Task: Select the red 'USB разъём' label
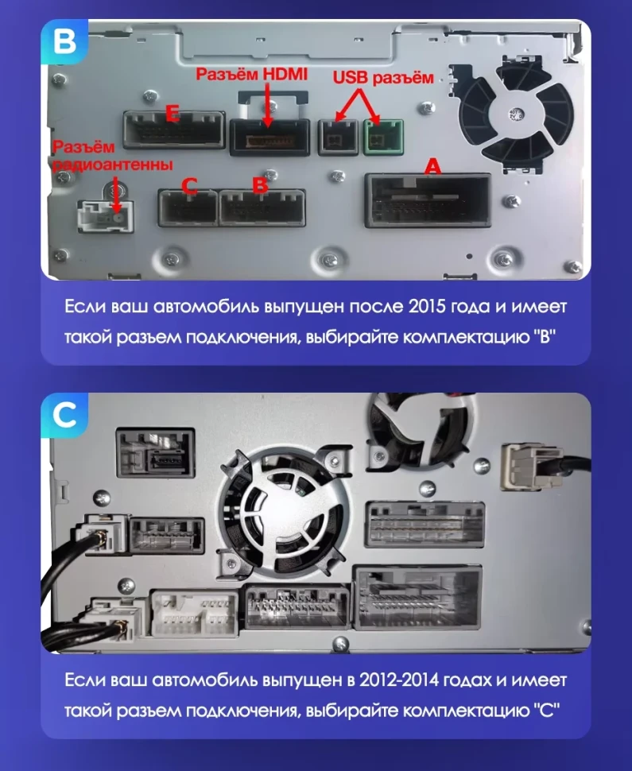click(x=383, y=78)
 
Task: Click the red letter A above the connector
click(x=432, y=166)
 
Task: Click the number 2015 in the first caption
click(x=433, y=308)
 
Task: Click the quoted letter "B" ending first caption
click(x=543, y=336)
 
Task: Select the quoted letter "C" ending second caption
click(x=543, y=710)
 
